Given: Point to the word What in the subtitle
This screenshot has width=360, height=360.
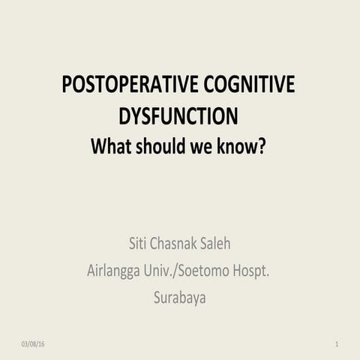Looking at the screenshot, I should click(110, 145).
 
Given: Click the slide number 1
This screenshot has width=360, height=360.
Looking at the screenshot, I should click(337, 343).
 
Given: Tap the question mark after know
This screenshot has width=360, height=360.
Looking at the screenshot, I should click(262, 145).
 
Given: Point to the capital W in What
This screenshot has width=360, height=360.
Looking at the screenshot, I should click(98, 145).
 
